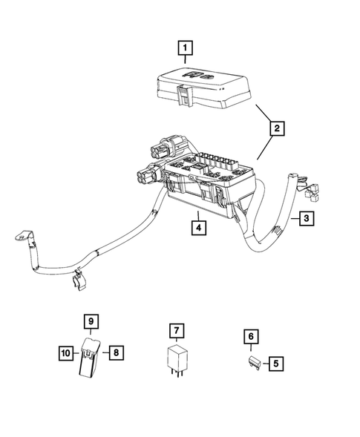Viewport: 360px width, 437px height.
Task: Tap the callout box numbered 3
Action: [305, 218]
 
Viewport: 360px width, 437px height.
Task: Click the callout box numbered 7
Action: [176, 329]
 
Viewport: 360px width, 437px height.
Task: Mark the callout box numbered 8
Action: [115, 352]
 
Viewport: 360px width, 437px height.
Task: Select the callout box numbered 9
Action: [90, 322]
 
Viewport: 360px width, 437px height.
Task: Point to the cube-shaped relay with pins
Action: [176, 357]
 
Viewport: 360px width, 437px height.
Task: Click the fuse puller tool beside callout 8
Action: [89, 364]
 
